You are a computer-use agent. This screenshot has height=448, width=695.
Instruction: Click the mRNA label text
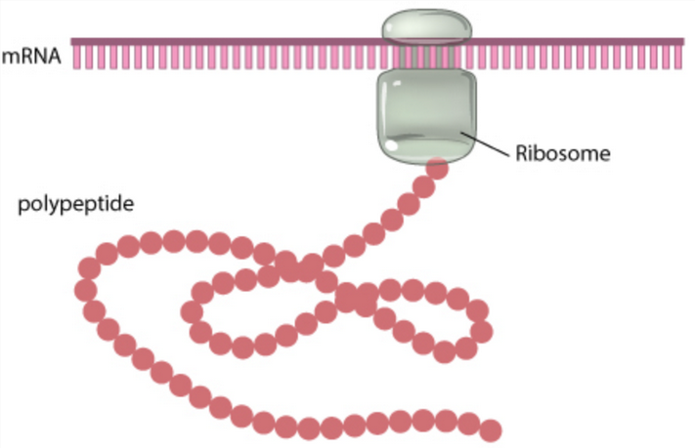(x=32, y=58)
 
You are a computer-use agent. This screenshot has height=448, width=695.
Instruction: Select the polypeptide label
(x=75, y=206)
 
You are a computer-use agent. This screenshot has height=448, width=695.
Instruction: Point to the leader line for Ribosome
(x=489, y=144)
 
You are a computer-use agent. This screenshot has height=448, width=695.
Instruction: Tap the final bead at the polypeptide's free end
(x=491, y=429)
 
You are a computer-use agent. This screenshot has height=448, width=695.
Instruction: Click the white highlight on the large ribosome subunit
(x=393, y=145)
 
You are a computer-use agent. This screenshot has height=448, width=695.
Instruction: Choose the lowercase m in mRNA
(x=10, y=59)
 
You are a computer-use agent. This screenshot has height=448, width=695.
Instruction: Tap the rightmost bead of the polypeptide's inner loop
(x=479, y=311)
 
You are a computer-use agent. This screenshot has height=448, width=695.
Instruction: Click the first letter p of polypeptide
(x=23, y=208)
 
